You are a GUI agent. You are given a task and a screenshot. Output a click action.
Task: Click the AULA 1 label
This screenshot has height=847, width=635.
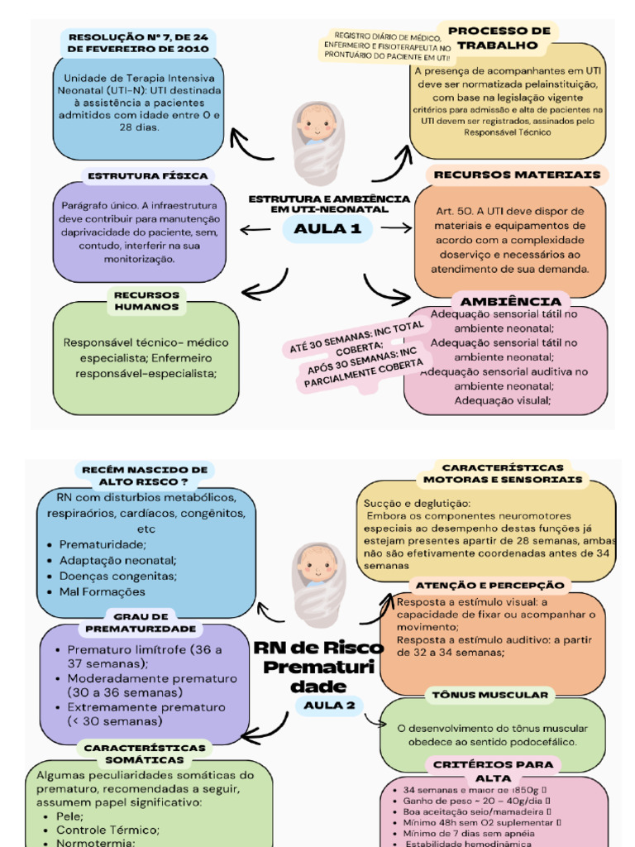coord(328,229)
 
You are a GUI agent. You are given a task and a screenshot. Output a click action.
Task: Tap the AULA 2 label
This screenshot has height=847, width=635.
coord(328,705)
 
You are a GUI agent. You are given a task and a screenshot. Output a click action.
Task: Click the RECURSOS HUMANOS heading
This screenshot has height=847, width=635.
coord(146,300)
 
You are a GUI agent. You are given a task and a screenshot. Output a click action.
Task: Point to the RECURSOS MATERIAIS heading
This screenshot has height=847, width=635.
coord(517,175)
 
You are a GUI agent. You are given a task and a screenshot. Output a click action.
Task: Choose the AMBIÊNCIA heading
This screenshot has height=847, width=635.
coord(510,301)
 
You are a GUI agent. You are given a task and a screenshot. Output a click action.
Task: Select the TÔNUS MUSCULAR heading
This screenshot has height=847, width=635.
coord(490,695)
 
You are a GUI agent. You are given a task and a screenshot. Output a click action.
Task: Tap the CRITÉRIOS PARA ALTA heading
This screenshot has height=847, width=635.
coord(494,771)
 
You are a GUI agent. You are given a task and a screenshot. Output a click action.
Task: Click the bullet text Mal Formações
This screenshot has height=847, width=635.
coord(103,591)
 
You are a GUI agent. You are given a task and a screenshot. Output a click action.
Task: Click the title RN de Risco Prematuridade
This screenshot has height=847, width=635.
coord(318,667)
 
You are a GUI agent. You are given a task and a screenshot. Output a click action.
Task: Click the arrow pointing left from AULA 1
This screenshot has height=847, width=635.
coord(255,229)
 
